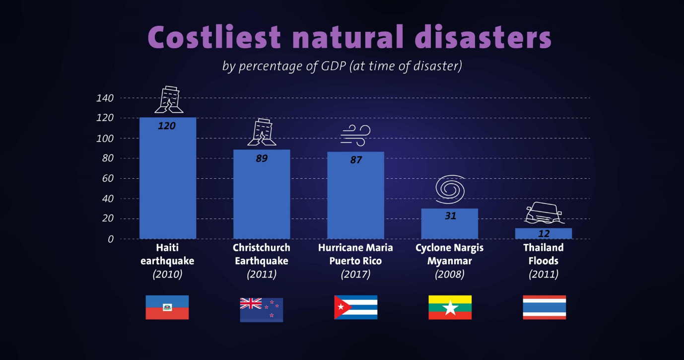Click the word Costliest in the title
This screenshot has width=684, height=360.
[214, 36]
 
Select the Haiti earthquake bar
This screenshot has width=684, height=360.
[167, 184]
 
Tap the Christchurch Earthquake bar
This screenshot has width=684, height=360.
[262, 199]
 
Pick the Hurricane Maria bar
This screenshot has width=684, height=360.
[355, 199]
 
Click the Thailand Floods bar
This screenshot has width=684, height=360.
[544, 233]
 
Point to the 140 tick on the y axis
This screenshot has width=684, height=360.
[105, 98]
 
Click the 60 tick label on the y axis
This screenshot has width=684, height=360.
[107, 179]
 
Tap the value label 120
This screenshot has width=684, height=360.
[167, 126]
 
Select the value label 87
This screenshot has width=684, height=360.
[356, 160]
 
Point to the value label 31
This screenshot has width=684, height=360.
[450, 216]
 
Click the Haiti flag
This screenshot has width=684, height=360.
[167, 307]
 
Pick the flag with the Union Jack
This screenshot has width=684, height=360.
[261, 310]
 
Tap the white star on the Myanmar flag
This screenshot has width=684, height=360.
[450, 308]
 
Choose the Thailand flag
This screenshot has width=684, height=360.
[544, 307]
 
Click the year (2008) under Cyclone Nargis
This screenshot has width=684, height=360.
[449, 274]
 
